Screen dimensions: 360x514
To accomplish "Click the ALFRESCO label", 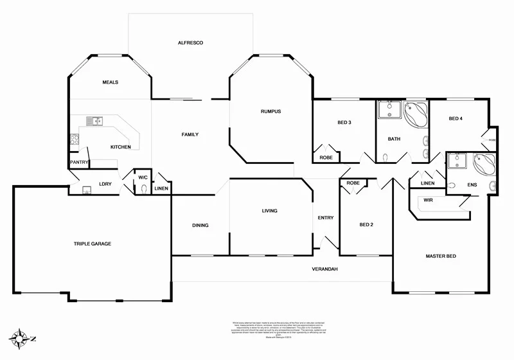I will [190, 42].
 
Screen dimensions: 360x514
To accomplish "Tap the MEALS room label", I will [110, 82].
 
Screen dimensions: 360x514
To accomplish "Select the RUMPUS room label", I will [270, 111].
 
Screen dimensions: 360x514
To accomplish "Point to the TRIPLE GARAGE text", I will [93, 244].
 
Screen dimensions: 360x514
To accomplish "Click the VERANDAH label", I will [324, 269].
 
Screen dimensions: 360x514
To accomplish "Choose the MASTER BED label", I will [441, 256].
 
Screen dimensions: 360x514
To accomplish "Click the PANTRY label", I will [79, 163].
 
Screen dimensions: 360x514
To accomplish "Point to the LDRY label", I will [105, 184].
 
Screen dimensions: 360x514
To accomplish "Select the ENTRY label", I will [325, 217].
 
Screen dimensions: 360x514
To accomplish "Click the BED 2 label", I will [366, 224].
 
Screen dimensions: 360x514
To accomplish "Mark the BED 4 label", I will [456, 118].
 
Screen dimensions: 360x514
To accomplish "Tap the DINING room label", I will [200, 225].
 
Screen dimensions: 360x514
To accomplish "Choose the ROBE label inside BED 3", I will [326, 157].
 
